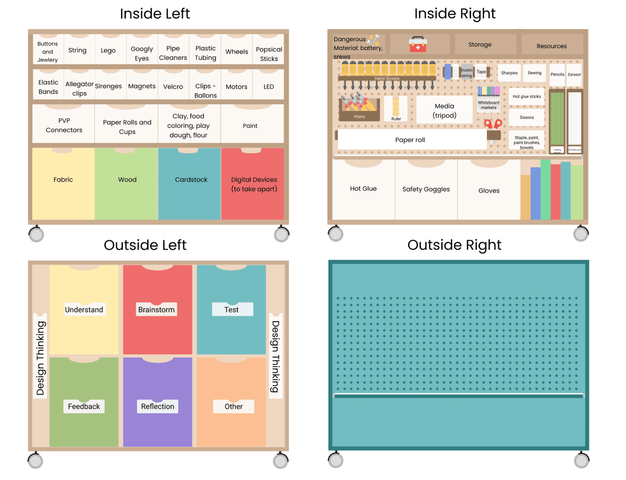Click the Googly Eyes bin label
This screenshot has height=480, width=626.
pyautogui.click(x=142, y=53)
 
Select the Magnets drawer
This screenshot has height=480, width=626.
pyautogui.click(x=142, y=87)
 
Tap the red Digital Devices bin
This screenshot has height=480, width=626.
pyautogui.click(x=253, y=183)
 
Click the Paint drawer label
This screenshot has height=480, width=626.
pyautogui.click(x=250, y=126)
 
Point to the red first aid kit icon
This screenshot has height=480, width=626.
pyautogui.click(x=418, y=44)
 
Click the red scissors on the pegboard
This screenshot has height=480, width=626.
pyautogui.click(x=493, y=125)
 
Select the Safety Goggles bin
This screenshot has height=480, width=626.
pyautogui.click(x=426, y=189)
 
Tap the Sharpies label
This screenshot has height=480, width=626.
pyautogui.click(x=509, y=73)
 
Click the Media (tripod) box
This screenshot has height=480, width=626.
pyautogui.click(x=445, y=110)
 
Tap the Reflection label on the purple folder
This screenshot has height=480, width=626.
pyautogui.click(x=157, y=407)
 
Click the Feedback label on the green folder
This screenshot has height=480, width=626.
pyautogui.click(x=84, y=407)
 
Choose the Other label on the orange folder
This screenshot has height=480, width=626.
pyautogui.click(x=234, y=407)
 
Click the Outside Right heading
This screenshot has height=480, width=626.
pyautogui.click(x=455, y=245)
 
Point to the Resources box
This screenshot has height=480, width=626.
pyautogui.click(x=551, y=46)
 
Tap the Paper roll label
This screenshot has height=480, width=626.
pyautogui.click(x=410, y=140)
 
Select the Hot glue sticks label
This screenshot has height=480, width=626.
pyautogui.click(x=526, y=96)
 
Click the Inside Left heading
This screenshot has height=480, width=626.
pyautogui.click(x=155, y=14)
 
